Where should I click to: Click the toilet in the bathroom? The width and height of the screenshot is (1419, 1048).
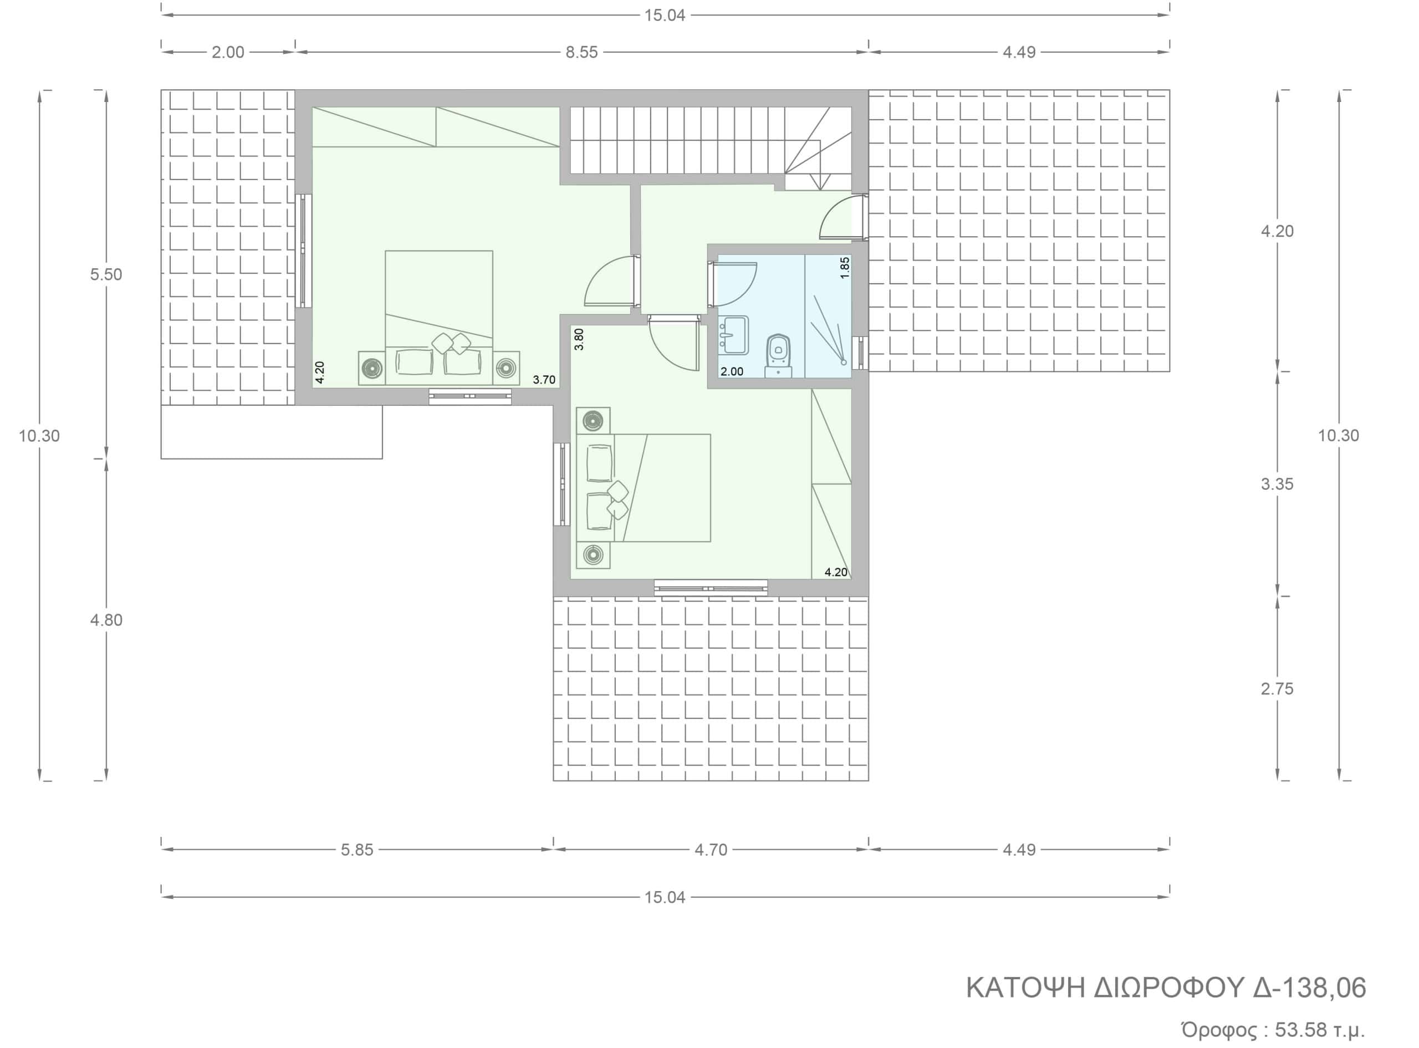tap(778, 355)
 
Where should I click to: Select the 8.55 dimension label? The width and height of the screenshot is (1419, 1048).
tap(581, 52)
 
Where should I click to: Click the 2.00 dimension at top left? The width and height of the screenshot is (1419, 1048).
tap(228, 52)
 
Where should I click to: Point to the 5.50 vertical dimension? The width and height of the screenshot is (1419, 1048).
tap(106, 275)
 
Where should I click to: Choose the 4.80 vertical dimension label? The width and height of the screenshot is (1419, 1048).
tap(106, 620)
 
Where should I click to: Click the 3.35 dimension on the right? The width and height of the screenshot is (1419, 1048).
tap(1277, 484)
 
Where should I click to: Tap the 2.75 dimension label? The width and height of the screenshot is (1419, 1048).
tap(1277, 688)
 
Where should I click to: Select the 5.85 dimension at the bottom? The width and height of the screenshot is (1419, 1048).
tap(357, 850)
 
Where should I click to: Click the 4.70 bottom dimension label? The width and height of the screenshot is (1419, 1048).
tap(711, 850)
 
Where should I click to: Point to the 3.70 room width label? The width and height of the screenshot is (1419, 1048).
tap(544, 380)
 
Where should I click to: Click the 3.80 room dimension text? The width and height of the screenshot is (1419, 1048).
tap(579, 339)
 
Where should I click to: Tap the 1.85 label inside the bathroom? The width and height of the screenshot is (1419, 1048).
tap(844, 267)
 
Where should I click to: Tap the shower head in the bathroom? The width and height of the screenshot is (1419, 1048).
tap(844, 362)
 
